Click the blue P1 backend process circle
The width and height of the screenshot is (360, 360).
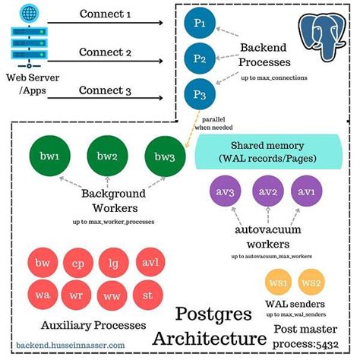(200, 24)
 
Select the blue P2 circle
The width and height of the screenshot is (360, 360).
(200, 58)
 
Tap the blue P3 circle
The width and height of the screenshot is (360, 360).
(200, 94)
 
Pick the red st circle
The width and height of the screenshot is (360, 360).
(147, 292)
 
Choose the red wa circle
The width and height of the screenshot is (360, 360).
(43, 292)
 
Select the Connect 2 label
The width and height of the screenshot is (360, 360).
(106, 52)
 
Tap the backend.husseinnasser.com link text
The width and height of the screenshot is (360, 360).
(71, 344)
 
